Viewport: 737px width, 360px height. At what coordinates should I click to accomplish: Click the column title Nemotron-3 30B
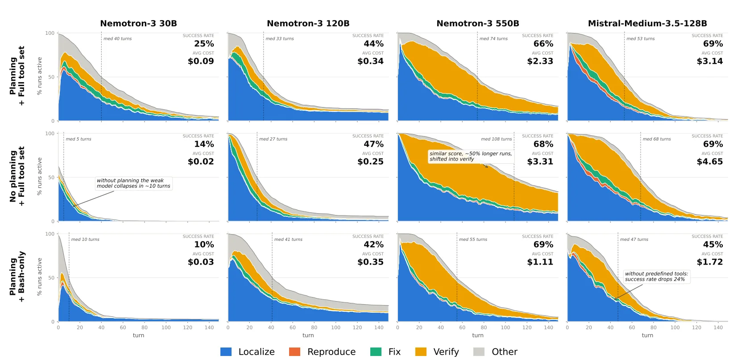tap(138, 23)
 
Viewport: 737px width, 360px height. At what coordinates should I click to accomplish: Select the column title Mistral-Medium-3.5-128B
tap(647, 23)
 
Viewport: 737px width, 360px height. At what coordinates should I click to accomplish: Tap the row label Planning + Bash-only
tap(17, 277)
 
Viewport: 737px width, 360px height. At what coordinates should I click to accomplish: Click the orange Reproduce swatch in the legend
tap(294, 352)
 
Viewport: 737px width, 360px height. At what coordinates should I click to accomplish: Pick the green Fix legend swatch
tap(376, 352)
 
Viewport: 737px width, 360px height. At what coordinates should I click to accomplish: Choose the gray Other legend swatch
tap(479, 352)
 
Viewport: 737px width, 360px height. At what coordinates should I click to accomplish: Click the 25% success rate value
tap(204, 44)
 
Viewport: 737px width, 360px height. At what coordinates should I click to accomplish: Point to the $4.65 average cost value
tap(710, 161)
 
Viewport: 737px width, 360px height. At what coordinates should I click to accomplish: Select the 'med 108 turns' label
tap(496, 139)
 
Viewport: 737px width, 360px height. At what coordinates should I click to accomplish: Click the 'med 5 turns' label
tap(79, 139)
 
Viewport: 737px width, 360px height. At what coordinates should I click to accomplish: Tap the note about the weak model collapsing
tap(133, 183)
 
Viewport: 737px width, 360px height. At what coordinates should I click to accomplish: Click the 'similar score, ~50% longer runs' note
tap(471, 156)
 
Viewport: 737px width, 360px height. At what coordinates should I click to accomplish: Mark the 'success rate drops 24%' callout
tap(656, 277)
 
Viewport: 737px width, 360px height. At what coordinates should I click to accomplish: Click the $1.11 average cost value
tap(540, 262)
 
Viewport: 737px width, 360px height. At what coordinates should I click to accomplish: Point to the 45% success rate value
tap(713, 244)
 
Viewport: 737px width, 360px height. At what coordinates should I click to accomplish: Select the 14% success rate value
tap(204, 144)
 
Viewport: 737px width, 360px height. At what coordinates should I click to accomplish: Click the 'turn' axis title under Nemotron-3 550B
tap(478, 335)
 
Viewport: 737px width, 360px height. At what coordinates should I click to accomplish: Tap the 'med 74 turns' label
tap(493, 38)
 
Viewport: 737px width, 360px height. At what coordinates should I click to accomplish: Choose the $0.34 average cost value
tap(370, 61)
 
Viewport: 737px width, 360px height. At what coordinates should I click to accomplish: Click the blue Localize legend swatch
tap(226, 352)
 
